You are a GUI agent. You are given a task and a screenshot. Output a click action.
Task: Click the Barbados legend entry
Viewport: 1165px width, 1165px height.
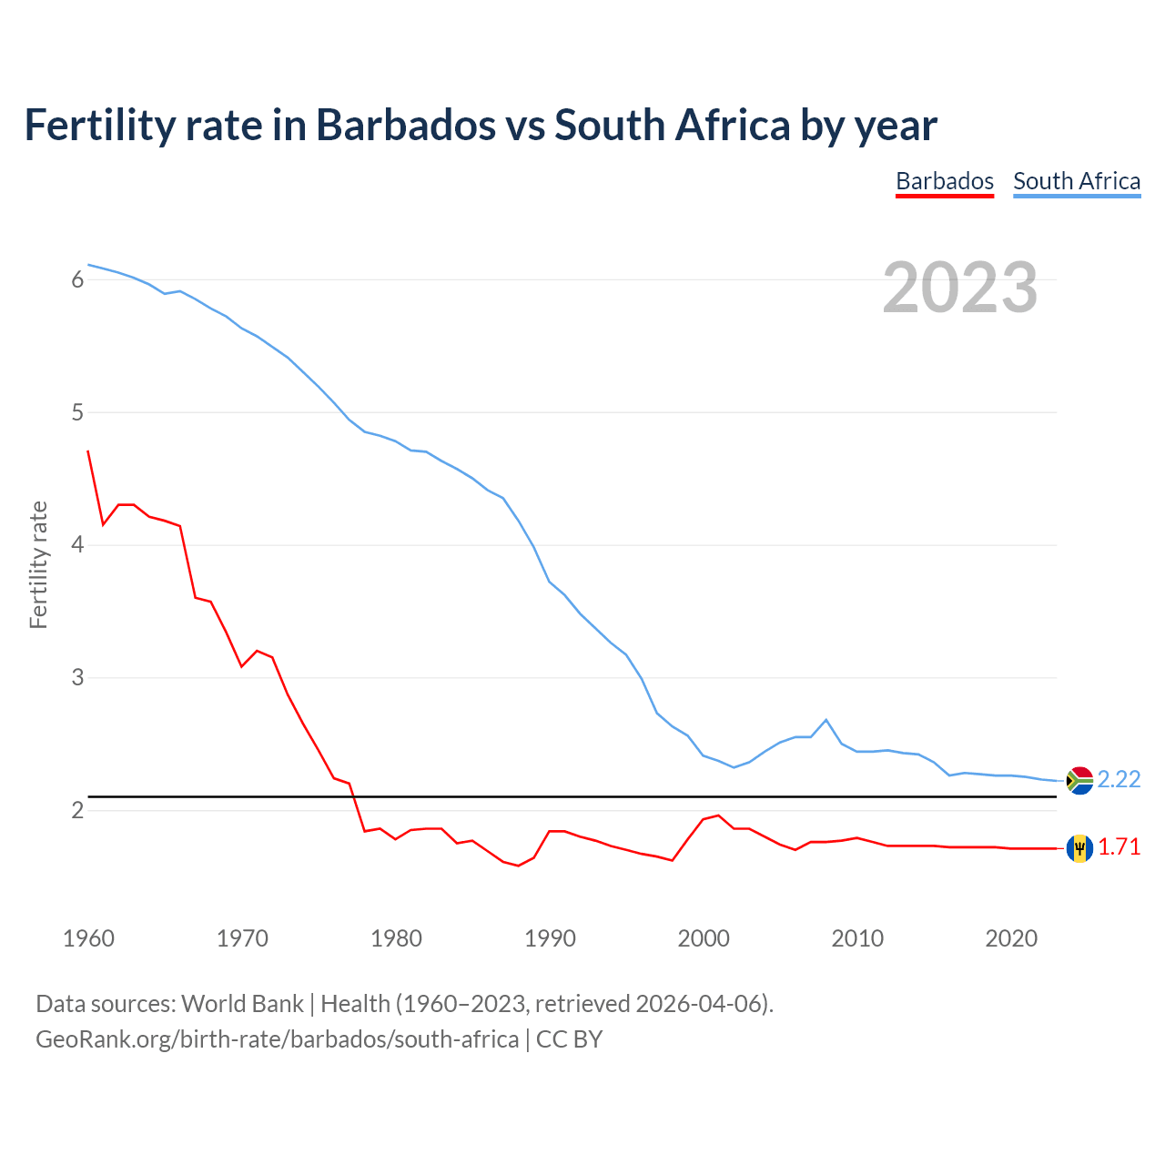click(944, 181)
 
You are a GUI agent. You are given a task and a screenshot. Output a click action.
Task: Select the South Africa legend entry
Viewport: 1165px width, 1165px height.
click(1077, 181)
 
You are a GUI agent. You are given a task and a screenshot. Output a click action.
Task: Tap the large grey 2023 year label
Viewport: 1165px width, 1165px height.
click(959, 288)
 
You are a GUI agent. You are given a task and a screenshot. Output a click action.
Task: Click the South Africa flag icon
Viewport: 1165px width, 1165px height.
click(1079, 780)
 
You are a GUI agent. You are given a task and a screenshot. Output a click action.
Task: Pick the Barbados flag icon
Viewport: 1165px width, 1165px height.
click(1079, 847)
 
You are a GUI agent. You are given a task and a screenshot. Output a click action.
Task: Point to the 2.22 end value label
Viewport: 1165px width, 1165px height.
click(1119, 780)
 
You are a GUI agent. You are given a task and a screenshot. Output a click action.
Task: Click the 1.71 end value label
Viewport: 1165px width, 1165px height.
click(1119, 847)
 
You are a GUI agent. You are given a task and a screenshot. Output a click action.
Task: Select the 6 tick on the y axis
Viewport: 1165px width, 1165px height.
click(77, 280)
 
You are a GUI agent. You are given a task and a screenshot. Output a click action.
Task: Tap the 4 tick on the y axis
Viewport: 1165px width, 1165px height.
click(77, 545)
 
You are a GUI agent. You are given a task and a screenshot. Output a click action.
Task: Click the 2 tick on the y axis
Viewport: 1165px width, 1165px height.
click(77, 810)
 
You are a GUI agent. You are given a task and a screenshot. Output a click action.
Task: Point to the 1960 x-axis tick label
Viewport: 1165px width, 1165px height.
click(88, 938)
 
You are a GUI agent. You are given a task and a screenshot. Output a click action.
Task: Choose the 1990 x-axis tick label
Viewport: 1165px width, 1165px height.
click(550, 938)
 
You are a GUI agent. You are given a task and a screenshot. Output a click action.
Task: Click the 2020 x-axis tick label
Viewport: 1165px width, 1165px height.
click(1011, 938)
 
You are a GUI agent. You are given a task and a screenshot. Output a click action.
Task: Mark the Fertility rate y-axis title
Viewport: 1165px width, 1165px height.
click(38, 564)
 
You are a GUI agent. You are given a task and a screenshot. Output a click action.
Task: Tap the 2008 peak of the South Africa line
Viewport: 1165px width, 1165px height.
click(826, 720)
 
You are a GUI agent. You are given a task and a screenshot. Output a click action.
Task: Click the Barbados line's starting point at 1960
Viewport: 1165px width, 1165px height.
click(88, 451)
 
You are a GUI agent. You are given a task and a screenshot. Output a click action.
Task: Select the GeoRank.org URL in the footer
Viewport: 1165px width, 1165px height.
click(277, 1039)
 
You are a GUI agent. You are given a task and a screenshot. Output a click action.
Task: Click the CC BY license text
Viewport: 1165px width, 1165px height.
click(570, 1039)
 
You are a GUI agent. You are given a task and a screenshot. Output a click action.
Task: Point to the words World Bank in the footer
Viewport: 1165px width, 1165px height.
click(242, 1004)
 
